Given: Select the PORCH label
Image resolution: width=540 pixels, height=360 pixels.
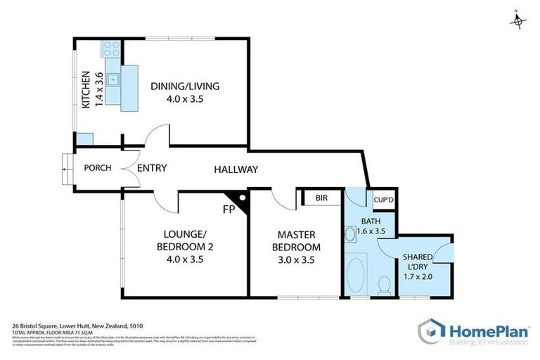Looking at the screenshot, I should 94,169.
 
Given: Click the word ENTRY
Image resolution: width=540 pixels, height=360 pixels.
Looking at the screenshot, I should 151,169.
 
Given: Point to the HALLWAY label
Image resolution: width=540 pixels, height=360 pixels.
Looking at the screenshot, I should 236,169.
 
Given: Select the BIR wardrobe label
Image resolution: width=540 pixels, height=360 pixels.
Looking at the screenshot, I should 322,198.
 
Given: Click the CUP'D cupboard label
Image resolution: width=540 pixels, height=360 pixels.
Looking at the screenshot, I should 383,199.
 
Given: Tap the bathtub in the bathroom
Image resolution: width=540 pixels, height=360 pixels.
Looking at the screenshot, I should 358,277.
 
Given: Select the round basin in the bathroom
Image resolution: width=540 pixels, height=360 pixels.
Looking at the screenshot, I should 349,233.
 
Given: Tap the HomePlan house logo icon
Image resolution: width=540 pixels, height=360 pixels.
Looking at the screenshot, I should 432,331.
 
